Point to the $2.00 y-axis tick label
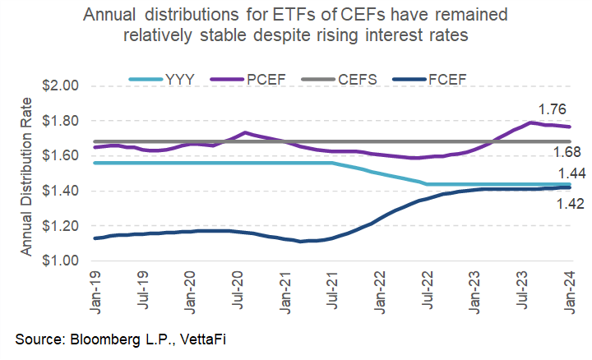tap(59, 86)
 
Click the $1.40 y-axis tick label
tap(59, 191)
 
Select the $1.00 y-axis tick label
tap(59, 261)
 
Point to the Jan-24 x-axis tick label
tap(570, 285)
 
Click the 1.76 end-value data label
tap(553, 109)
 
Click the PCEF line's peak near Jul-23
tap(532, 123)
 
